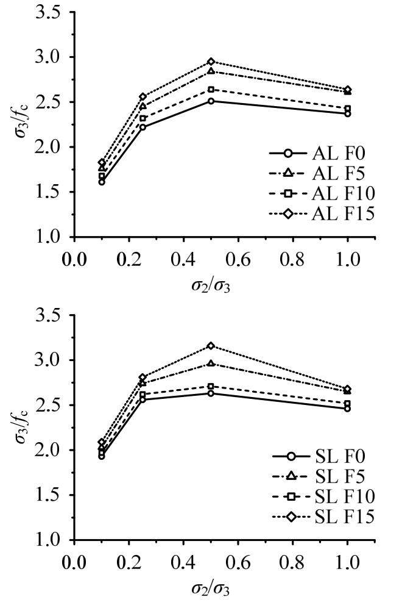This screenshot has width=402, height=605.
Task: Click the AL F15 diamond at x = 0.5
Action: (211, 62)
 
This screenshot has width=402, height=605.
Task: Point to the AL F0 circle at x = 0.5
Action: (211, 101)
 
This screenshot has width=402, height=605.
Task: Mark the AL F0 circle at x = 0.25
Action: (143, 127)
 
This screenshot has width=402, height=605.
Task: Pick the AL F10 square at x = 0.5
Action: (211, 89)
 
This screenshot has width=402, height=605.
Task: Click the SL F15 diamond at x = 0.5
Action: (211, 346)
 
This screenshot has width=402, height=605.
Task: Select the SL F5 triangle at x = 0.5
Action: (211, 363)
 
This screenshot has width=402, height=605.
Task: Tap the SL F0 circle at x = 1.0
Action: (348, 409)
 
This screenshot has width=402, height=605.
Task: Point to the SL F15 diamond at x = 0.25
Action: (143, 378)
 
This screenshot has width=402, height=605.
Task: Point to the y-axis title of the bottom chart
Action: (23, 427)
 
